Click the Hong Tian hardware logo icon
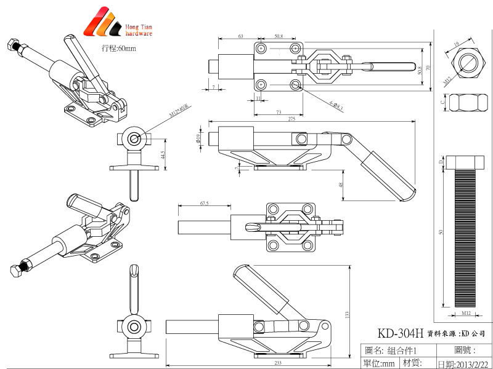tap(105, 23)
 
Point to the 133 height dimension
tap(347, 315)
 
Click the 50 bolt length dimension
tap(440, 232)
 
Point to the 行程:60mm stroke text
tap(118, 48)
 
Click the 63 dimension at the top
tap(240, 36)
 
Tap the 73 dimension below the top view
tap(279, 113)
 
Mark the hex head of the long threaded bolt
tap(467, 161)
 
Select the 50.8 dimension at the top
tap(279, 36)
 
